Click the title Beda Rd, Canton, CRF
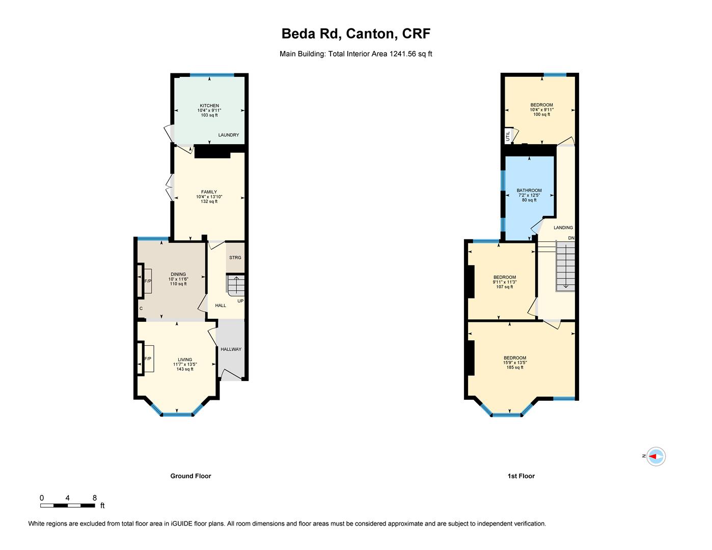pos(356,34)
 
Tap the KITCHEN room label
pos(209,106)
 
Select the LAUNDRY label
pos(228,135)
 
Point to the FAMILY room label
pos(209,192)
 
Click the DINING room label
pos(178,274)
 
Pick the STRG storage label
pos(235,258)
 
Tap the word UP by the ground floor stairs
pos(240,300)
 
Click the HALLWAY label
pos(231,349)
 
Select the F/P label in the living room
pos(148,359)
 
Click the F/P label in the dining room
pos(148,281)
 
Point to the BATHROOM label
pos(529,190)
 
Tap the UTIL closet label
pos(508,136)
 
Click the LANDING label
pos(563,228)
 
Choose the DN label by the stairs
pos(571,238)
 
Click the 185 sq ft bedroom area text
pos(515,367)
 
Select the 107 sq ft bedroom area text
pos(505,287)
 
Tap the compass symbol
pos(655,456)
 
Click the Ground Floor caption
pos(190,476)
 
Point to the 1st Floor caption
pos(521,476)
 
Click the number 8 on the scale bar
pos(95,498)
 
